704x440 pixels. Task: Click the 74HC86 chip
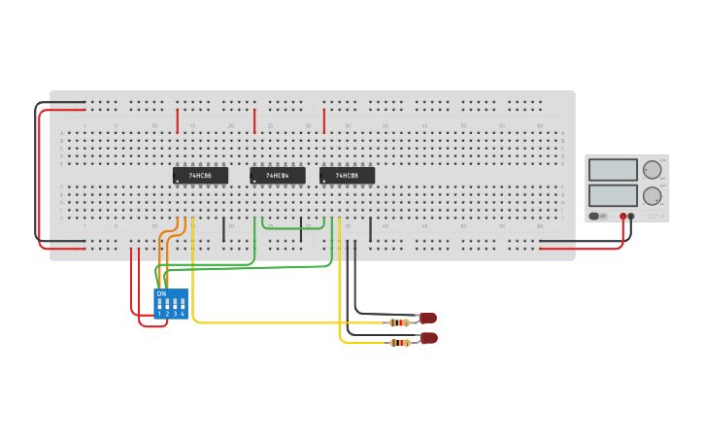200,176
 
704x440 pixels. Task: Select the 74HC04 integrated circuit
278,176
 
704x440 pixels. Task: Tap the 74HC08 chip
347,176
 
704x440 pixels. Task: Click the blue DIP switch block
171,304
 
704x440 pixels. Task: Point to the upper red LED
428,318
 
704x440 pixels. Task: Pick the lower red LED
429,338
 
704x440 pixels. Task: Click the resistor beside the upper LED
399,322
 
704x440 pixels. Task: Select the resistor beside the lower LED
399,342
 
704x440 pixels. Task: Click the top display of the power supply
613,170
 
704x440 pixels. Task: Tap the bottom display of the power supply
613,195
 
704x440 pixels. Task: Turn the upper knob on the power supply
652,170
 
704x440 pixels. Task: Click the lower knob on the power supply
652,195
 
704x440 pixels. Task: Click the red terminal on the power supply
623,217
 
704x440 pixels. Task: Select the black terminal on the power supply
632,217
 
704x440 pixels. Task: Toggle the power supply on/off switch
594,216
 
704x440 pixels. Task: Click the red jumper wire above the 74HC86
178,120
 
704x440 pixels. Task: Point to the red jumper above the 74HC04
254,120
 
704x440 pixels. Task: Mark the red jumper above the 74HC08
323,120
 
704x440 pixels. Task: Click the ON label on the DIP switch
161,293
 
